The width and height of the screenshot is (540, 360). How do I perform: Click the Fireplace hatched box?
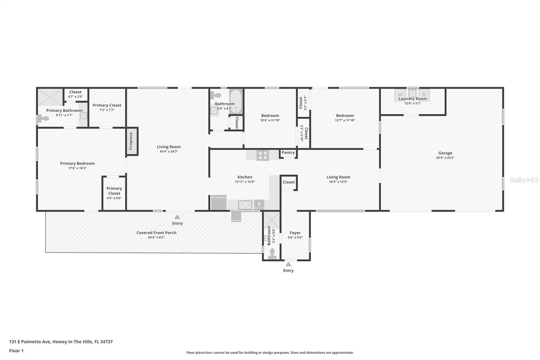coord(132,141)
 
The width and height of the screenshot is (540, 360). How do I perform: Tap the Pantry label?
coord(288,153)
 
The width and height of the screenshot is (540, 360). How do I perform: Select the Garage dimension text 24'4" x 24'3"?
coord(445,158)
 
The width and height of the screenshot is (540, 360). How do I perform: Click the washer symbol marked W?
coord(400,95)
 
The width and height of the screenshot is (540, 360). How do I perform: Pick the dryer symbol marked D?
coord(424,95)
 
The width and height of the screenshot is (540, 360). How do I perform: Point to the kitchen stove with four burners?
coord(263,155)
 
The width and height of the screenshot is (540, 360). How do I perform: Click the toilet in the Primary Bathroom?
coord(43,119)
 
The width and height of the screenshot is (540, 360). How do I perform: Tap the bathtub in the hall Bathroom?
coord(236,101)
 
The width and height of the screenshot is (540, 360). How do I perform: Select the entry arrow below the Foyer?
coord(288,264)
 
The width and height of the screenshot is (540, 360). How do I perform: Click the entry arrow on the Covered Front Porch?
coord(177,217)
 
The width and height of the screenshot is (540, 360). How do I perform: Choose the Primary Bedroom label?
coord(77,163)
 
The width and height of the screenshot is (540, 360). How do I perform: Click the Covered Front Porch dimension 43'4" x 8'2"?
coord(156,237)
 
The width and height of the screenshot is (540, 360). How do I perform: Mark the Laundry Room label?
coord(412,99)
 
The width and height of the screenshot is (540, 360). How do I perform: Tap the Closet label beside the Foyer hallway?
coord(289,182)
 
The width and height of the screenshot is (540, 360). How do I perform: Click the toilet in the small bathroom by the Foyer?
coord(272,254)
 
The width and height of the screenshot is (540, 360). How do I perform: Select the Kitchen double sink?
coord(245,205)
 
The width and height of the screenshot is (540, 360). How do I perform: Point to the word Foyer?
coord(295,233)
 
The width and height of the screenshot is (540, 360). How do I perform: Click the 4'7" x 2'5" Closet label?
coord(75,92)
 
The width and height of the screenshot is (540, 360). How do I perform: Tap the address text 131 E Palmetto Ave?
coord(30,341)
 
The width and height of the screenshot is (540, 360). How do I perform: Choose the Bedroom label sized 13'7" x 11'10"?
coord(345,115)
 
